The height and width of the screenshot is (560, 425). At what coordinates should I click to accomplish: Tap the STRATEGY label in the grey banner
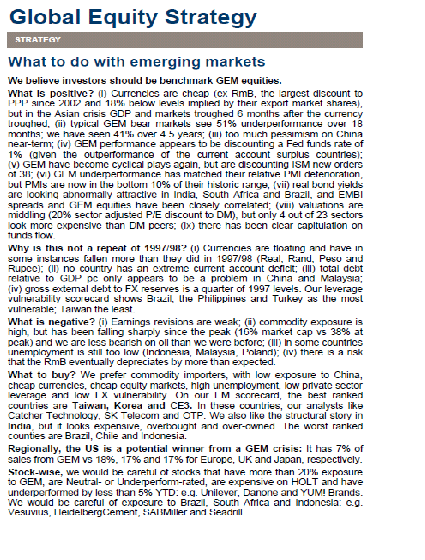(38, 40)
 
